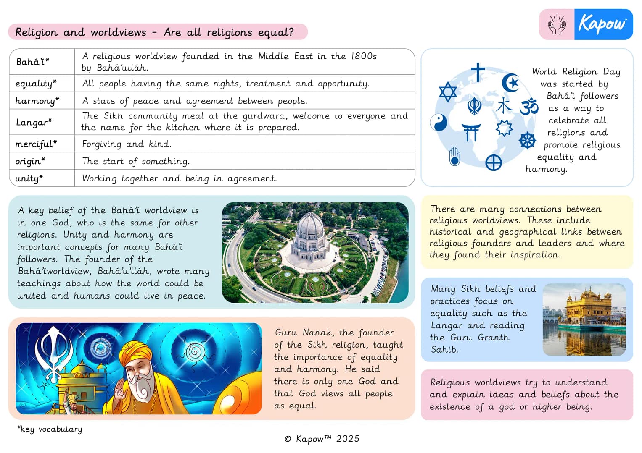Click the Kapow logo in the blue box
(602, 24)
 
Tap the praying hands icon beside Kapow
(557, 25)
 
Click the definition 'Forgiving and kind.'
(127, 144)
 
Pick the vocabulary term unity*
(29, 178)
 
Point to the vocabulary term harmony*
(37, 101)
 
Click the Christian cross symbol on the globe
(478, 72)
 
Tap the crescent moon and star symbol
(510, 82)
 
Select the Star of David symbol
(447, 92)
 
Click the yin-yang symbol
(439, 123)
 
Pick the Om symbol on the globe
(529, 106)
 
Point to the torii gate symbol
(471, 132)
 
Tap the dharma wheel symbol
(527, 140)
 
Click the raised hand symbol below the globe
(454, 157)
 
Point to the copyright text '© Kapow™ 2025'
(322, 439)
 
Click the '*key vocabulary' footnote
(50, 429)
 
